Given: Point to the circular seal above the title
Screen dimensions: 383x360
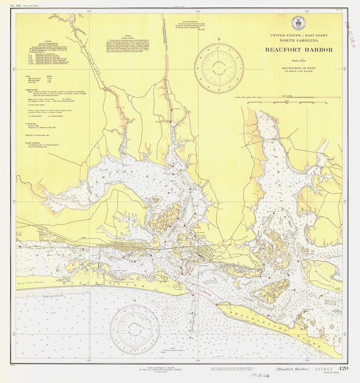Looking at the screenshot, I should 300,23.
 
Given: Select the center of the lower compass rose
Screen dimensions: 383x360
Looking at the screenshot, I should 135,327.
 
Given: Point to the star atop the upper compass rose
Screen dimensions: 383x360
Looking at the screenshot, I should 219,39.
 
